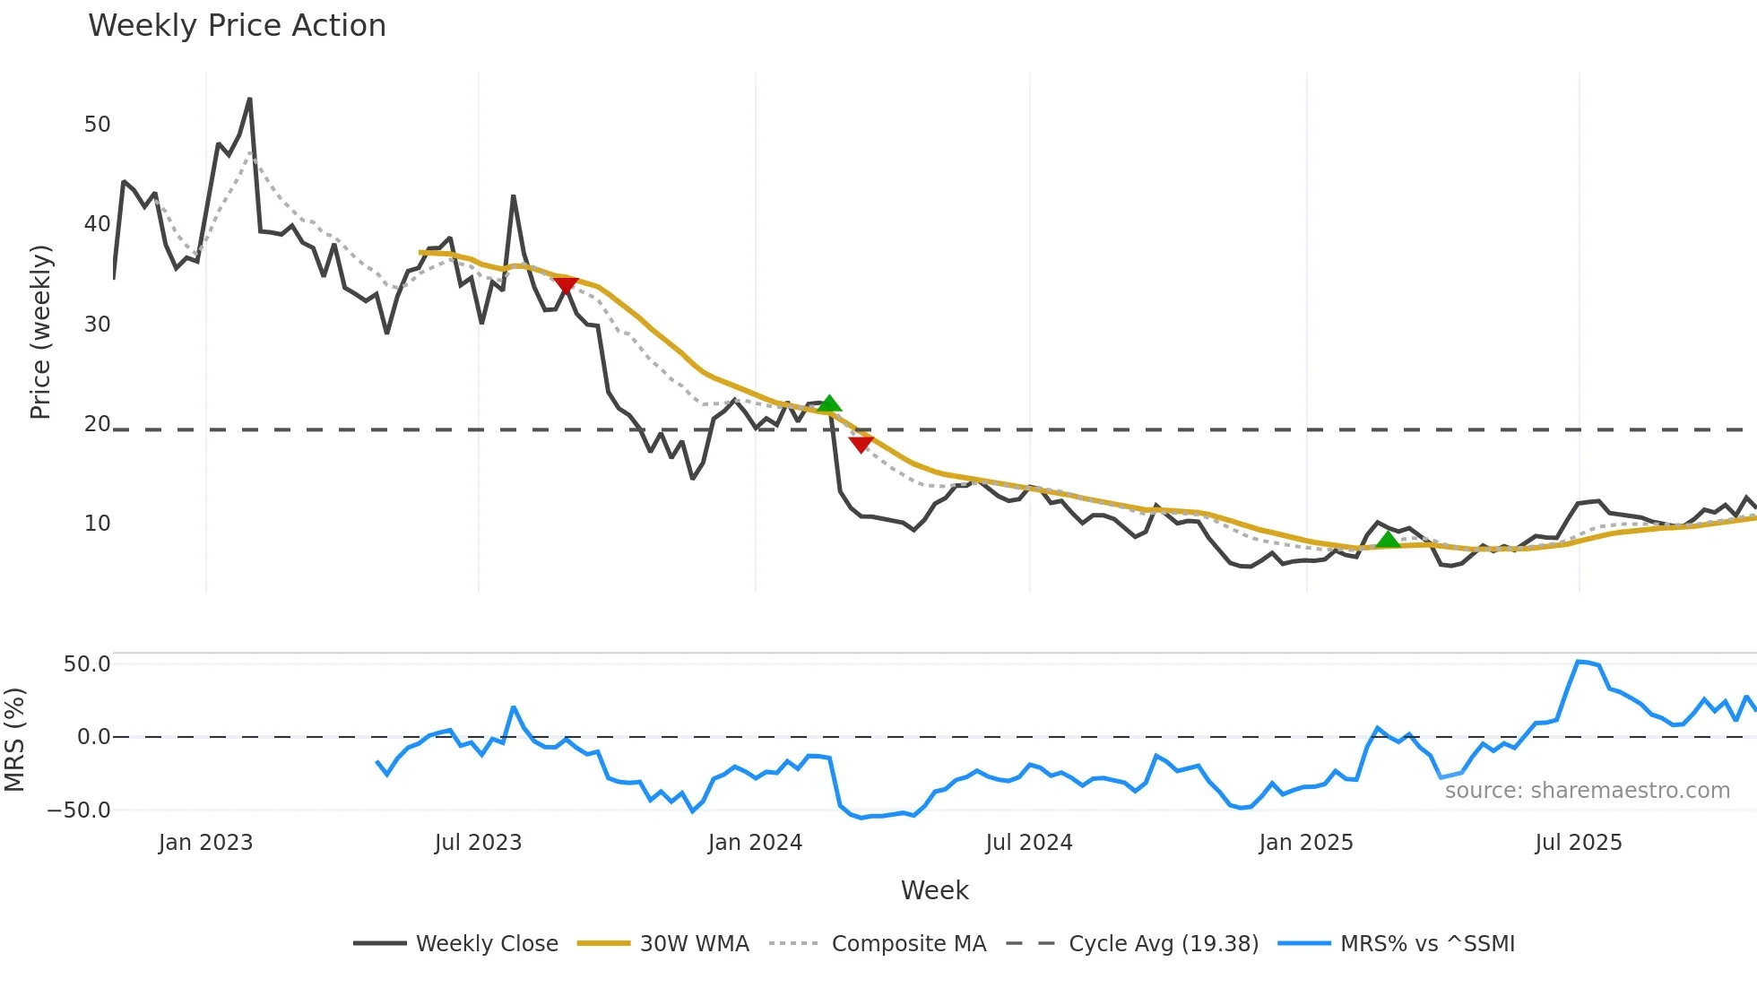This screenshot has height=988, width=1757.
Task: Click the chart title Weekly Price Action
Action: coord(237,26)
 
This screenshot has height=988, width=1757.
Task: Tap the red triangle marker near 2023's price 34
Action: coord(566,285)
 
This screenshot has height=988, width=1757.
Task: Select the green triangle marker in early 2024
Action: coord(829,403)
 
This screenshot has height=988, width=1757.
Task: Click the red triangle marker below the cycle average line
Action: coord(861,444)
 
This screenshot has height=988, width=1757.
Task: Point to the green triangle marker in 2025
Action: coord(1388,540)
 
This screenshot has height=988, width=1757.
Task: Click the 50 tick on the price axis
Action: coord(97,125)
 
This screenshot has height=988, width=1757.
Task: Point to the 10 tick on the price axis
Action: coord(97,524)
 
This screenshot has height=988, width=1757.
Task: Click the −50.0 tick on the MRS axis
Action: coord(79,810)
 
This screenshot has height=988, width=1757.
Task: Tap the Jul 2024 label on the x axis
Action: coord(1028,843)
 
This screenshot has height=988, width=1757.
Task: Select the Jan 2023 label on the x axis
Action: coord(205,843)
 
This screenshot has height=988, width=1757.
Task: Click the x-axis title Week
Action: coord(934,890)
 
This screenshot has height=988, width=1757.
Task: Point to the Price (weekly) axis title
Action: coord(41,332)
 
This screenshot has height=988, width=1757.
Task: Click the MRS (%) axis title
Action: coord(14,740)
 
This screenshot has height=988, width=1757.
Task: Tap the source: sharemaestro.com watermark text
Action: coord(1587,791)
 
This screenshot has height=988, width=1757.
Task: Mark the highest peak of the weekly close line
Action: coord(249,100)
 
